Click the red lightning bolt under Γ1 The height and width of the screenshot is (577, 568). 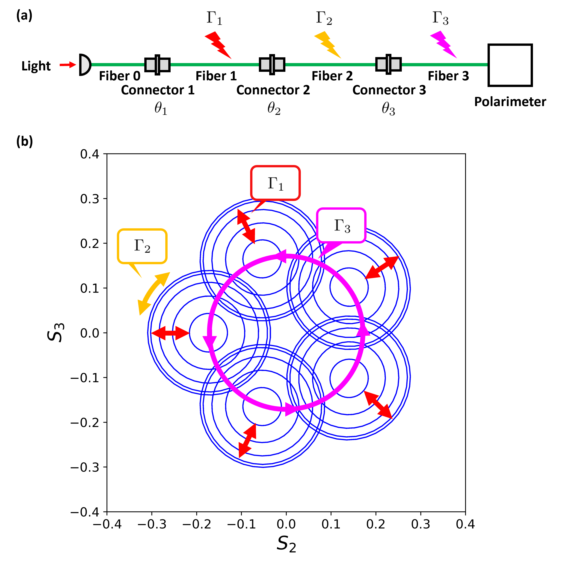point(218,45)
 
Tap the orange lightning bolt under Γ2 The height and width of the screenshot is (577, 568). point(327,45)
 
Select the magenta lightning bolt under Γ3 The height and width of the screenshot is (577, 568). point(443,45)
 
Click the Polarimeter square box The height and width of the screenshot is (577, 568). point(510,65)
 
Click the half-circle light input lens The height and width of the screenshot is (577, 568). point(85,65)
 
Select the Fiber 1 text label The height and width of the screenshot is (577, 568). point(216,76)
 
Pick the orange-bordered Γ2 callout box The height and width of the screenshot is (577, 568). point(142,246)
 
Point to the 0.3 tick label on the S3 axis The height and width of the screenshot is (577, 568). point(89,199)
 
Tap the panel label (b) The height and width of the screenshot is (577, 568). point(24,141)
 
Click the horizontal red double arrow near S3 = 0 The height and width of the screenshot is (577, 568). point(170,333)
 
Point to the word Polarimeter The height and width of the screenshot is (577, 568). point(510,102)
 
